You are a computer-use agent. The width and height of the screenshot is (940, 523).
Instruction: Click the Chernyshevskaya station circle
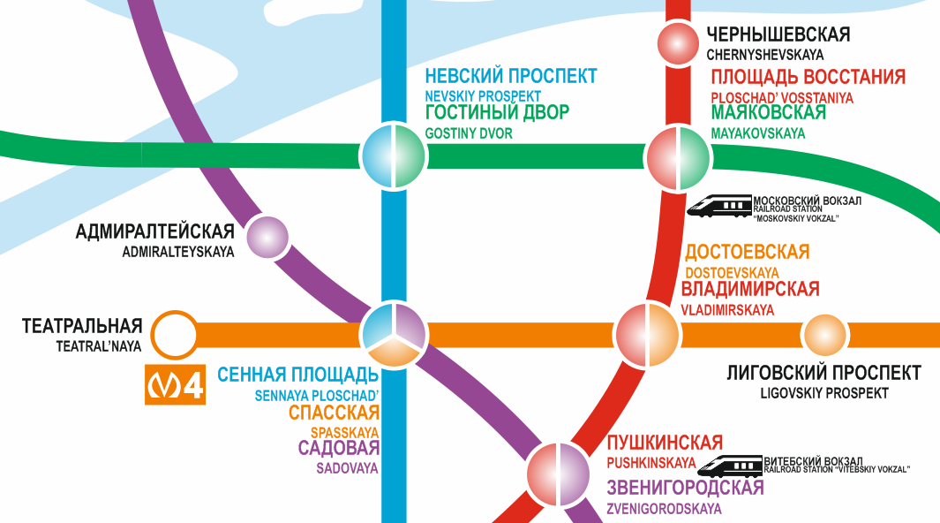(678, 43)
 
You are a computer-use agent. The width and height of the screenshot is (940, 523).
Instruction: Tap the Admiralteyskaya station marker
(267, 237)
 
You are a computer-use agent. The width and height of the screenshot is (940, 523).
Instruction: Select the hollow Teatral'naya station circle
(174, 335)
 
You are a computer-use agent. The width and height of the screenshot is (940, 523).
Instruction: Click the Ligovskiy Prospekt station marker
(825, 335)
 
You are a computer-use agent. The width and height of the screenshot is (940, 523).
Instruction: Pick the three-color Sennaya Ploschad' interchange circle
(394, 335)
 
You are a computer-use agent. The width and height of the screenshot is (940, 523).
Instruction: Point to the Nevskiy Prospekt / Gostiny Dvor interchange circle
(394, 156)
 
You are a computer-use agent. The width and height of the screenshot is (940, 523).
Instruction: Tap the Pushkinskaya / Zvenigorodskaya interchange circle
(558, 474)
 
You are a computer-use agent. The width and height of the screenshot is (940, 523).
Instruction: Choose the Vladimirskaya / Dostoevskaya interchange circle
(648, 335)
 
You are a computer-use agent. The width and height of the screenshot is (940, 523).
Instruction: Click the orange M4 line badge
(175, 384)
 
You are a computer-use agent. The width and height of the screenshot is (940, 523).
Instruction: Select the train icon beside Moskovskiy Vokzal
(719, 205)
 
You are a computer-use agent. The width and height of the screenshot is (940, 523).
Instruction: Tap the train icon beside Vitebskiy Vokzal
(730, 466)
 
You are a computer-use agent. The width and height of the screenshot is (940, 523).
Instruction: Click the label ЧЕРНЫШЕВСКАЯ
(778, 34)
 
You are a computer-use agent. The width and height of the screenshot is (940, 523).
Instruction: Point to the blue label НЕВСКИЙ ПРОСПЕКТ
(511, 76)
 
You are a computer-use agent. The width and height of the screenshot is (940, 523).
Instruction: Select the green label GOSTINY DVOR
(469, 133)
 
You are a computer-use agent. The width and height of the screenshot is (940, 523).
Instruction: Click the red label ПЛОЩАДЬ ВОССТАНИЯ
(808, 77)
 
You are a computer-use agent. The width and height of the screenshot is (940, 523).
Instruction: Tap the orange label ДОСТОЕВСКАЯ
(747, 252)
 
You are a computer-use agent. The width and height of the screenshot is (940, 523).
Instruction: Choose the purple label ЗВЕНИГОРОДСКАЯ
(685, 488)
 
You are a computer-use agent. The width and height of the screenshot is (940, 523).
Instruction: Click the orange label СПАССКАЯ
(334, 413)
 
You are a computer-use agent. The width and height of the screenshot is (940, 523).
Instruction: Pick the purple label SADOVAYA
(348, 468)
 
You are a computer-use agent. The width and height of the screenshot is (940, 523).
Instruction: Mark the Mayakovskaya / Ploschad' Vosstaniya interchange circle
(678, 158)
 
